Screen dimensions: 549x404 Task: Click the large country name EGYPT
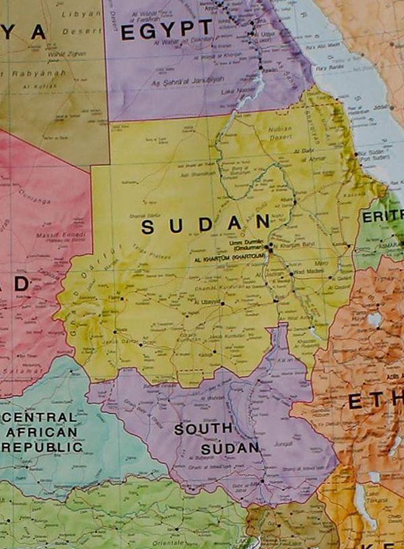166,29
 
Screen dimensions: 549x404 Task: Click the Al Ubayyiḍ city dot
223,303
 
